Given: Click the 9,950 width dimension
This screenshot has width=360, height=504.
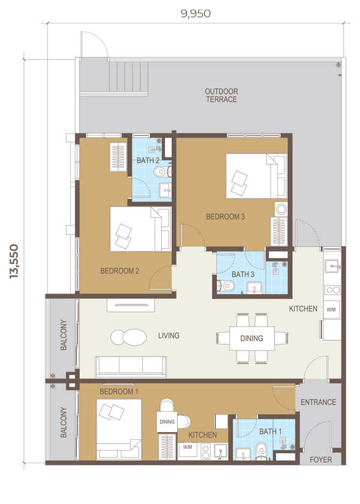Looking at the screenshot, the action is [x=196, y=13].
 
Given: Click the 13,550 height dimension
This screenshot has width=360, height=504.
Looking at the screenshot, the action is [x=14, y=262].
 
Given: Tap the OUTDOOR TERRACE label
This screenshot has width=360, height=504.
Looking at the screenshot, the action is [x=221, y=95].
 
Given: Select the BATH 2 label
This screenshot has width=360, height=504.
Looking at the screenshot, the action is [x=148, y=160].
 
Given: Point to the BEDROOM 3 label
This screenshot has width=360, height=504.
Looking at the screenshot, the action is [x=226, y=217].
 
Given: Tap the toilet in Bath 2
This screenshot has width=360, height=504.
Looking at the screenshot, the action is [x=163, y=172].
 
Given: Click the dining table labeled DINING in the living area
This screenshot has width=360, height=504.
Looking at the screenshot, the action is [x=252, y=338].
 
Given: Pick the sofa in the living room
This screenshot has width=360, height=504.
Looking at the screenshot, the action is [x=131, y=367].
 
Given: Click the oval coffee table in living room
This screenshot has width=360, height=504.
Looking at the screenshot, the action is [x=128, y=337].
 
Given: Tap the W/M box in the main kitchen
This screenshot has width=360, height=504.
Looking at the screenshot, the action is [x=331, y=310].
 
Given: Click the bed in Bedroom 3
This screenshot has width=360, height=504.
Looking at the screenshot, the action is [x=256, y=176].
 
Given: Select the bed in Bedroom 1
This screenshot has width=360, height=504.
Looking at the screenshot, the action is [x=119, y=429].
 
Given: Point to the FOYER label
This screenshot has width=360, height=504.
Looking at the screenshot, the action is [x=321, y=460].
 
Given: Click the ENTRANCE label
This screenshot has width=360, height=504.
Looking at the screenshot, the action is [x=318, y=402].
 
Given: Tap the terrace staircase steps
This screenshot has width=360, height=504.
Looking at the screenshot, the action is [x=128, y=77].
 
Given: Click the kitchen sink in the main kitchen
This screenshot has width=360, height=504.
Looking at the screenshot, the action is [x=332, y=266].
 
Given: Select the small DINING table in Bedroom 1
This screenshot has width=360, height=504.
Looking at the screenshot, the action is [x=167, y=421].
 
